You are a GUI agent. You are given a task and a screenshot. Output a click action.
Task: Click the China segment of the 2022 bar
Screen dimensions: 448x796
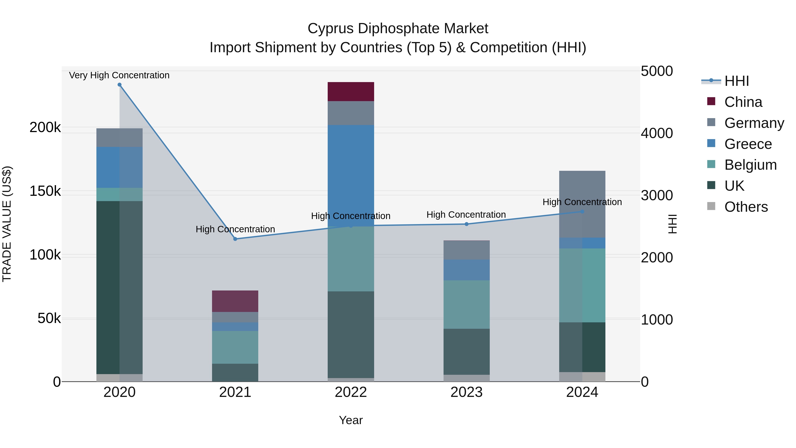click(351, 92)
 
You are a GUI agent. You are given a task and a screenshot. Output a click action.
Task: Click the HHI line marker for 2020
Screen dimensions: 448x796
click(120, 85)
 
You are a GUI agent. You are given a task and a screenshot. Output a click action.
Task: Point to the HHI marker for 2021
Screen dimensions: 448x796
click(235, 239)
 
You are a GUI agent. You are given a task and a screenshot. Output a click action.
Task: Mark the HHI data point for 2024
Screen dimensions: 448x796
click(582, 212)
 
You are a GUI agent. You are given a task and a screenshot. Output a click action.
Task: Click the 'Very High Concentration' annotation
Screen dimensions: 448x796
click(119, 75)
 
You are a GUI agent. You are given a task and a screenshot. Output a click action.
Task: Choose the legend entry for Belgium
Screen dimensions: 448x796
click(750, 165)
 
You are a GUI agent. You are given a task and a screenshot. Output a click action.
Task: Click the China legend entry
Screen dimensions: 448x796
click(743, 102)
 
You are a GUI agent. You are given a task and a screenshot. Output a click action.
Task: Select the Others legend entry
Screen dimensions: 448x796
click(746, 207)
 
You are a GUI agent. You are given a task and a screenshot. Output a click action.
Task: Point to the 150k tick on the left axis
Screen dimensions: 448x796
click(45, 191)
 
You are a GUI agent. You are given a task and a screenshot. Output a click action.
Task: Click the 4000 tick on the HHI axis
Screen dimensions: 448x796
click(657, 133)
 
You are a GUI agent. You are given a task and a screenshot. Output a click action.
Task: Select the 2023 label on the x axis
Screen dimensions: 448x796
click(466, 392)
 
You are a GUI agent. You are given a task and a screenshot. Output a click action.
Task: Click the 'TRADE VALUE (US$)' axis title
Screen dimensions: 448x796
click(7, 224)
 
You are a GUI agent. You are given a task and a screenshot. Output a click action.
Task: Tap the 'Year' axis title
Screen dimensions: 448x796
click(351, 420)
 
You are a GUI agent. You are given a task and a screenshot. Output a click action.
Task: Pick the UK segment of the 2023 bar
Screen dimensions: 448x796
click(466, 352)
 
